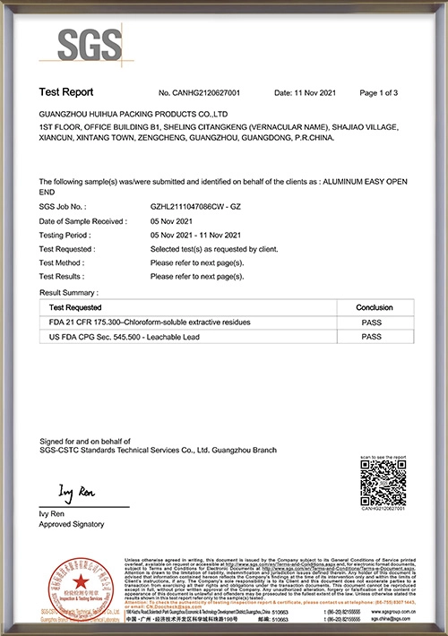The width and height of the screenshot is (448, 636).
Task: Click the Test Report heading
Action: click(66, 92)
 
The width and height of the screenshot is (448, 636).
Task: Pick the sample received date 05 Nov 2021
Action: click(174, 220)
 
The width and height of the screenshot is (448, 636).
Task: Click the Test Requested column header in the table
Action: click(75, 306)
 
